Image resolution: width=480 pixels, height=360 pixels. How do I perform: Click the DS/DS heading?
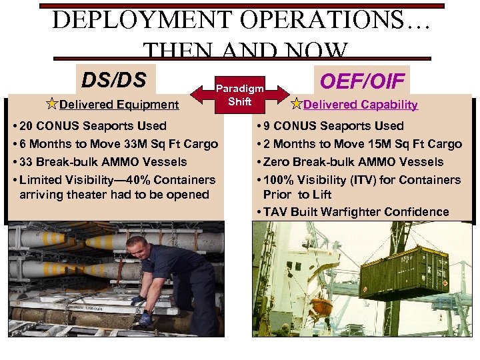click(x=113, y=80)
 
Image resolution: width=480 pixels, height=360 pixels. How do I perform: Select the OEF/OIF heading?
click(x=363, y=81)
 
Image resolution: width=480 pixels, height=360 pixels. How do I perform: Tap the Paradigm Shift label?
click(x=239, y=95)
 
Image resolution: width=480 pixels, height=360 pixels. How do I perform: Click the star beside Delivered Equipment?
click(x=52, y=103)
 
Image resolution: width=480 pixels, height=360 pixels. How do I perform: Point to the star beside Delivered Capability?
click(x=296, y=103)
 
